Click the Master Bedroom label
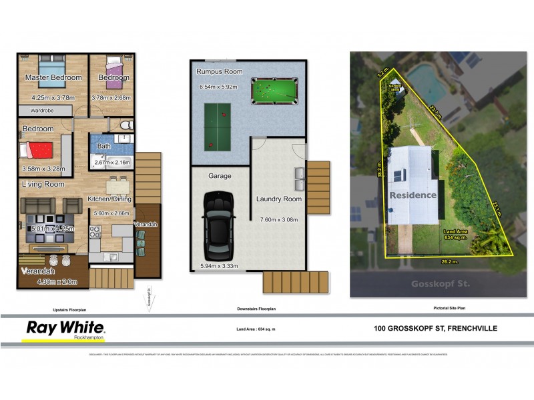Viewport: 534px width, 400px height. tap(53, 78)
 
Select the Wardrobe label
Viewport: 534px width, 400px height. tap(42, 110)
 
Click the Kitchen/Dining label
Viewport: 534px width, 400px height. tap(109, 199)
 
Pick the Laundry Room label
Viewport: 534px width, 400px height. tap(279, 199)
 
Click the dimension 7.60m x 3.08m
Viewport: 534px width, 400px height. tap(278, 219)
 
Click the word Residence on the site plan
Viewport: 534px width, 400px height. tap(413, 195)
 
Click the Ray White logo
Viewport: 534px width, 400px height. tap(65, 329)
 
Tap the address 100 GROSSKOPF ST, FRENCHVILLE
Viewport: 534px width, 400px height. tap(435, 328)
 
